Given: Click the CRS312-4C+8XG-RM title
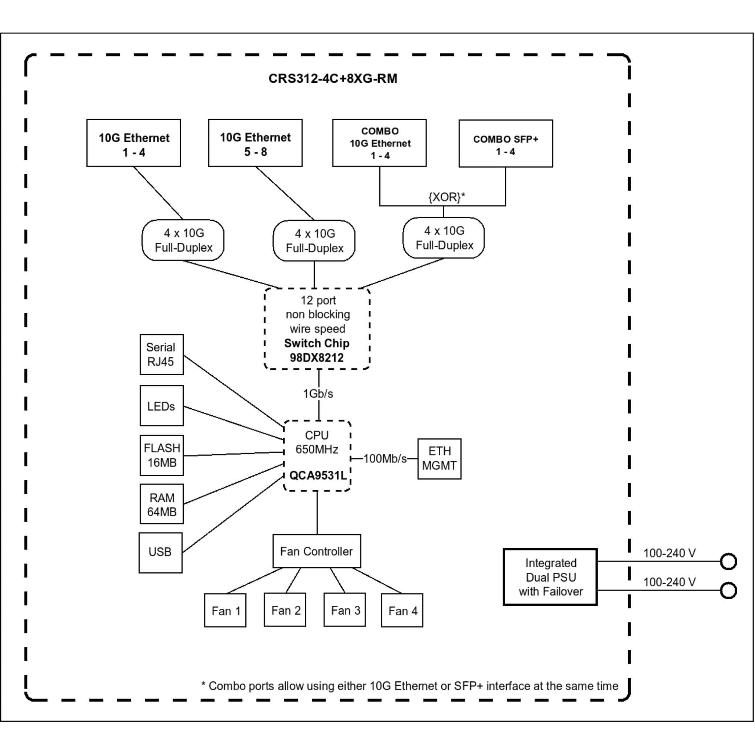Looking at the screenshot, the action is click(x=332, y=78).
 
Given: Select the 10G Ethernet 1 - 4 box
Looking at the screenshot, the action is click(x=134, y=143).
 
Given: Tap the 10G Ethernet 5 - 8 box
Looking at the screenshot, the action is click(x=255, y=143).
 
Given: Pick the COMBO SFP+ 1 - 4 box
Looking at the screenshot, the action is click(x=506, y=143).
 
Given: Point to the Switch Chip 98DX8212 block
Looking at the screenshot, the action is click(x=317, y=328).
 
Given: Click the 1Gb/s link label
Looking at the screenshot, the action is click(x=318, y=393).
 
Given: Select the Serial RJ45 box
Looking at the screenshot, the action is click(x=162, y=354).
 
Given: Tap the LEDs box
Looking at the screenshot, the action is click(x=162, y=406).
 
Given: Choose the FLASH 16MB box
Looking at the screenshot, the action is click(x=162, y=455).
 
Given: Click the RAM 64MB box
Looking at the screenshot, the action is click(x=162, y=504).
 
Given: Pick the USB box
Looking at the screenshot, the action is click(x=160, y=552).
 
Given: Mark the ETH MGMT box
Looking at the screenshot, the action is click(x=440, y=459).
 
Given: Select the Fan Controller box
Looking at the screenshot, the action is click(x=317, y=551).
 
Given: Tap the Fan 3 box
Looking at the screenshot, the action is click(x=345, y=610).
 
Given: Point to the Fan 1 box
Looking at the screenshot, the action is click(x=225, y=611).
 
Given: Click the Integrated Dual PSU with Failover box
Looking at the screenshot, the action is click(x=550, y=577).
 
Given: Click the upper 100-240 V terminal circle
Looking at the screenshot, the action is click(x=729, y=561).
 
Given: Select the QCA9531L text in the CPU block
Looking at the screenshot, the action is click(x=318, y=475).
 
